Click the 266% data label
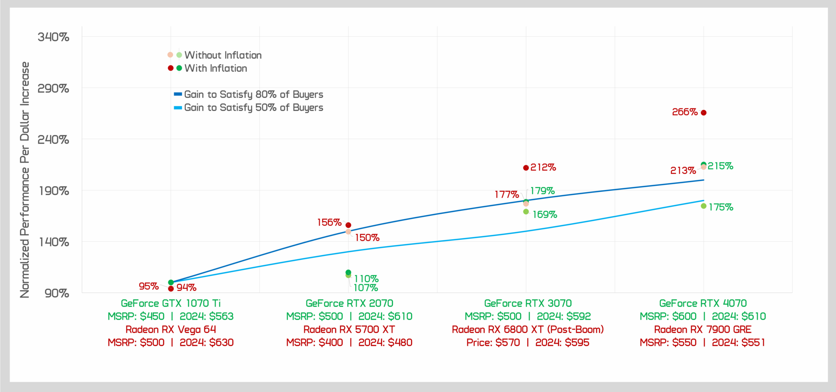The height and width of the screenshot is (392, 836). (x=684, y=112)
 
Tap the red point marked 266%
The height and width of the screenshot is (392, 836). (x=704, y=113)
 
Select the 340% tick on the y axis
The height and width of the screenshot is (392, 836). (x=54, y=37)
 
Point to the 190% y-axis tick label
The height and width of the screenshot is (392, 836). (x=54, y=191)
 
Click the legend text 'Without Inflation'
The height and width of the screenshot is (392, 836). (x=223, y=55)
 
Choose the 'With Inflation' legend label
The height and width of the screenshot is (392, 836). (x=216, y=68)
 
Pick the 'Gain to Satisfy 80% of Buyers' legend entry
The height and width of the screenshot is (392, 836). (x=253, y=95)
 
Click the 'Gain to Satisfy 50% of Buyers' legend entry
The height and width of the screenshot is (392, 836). (x=253, y=108)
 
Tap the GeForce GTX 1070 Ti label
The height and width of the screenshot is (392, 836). (x=171, y=303)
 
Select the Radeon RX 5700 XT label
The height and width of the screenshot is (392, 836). (x=349, y=329)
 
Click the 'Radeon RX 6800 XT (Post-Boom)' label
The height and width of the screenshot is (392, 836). (x=528, y=329)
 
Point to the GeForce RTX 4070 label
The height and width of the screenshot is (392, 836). (x=703, y=303)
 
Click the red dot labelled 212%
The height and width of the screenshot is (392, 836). (x=526, y=168)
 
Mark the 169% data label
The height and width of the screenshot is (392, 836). (x=545, y=214)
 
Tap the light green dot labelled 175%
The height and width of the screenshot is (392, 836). (x=704, y=206)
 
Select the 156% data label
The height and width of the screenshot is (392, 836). (x=329, y=223)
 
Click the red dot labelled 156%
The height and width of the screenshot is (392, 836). (x=348, y=225)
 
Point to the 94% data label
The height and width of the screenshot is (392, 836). (x=186, y=287)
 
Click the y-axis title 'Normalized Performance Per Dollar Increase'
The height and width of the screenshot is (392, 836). (x=25, y=179)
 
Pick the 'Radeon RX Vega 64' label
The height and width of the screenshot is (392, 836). (x=171, y=329)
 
